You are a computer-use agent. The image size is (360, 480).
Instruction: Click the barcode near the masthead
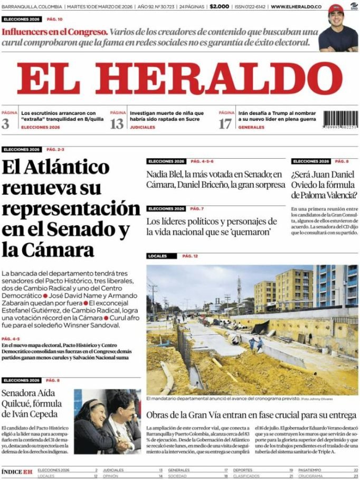pos(340,119)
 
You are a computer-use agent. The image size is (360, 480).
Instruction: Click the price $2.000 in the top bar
pos(219,6)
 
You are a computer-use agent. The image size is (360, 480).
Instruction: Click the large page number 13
pos(117,123)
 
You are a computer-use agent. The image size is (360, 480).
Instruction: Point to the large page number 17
pos(225,123)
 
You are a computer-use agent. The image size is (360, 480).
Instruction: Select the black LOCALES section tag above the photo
pos(157,256)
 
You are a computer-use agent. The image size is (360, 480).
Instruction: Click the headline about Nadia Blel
pos(215,180)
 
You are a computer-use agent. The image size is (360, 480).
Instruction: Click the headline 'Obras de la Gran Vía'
pos(251,415)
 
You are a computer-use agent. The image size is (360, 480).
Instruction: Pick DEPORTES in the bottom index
pos(242,469)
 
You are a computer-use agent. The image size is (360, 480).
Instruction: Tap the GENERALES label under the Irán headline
pos(251,128)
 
